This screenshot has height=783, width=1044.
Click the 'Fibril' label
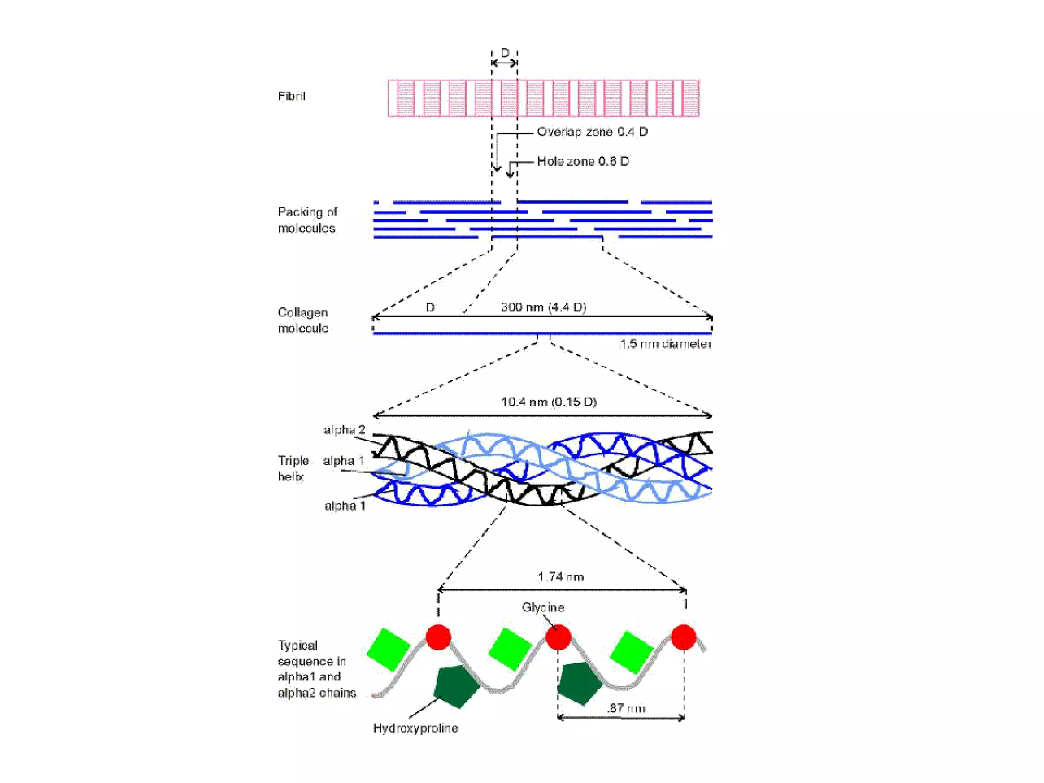pos(291,96)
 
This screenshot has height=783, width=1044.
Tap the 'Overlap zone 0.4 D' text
pos(592,132)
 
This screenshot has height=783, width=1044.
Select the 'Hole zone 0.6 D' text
pos(583,161)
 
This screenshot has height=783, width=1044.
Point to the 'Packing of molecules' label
pos(307,220)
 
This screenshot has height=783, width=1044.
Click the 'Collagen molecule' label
pos(303,320)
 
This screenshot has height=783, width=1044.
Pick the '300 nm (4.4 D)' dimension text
pos(543,307)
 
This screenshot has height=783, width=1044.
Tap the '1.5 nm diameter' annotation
pos(665,344)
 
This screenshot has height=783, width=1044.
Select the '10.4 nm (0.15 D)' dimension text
pos(549,402)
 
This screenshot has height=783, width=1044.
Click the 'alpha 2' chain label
pos(344,430)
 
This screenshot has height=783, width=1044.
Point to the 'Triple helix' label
pos(293,468)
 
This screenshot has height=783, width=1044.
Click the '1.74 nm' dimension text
pos(560,577)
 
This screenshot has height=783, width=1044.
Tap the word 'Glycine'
pos(543,607)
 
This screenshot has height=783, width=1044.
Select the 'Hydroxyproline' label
pos(415,728)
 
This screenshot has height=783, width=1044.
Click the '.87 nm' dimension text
pos(626,708)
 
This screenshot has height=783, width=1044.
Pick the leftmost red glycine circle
pos(438,637)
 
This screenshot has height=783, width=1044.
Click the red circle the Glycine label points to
pos(558,637)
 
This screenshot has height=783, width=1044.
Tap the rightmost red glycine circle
pos(684,637)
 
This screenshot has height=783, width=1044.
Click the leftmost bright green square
pos(388,649)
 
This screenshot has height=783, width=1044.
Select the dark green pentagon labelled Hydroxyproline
pos(455,686)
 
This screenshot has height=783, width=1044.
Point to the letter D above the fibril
pos(505,53)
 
